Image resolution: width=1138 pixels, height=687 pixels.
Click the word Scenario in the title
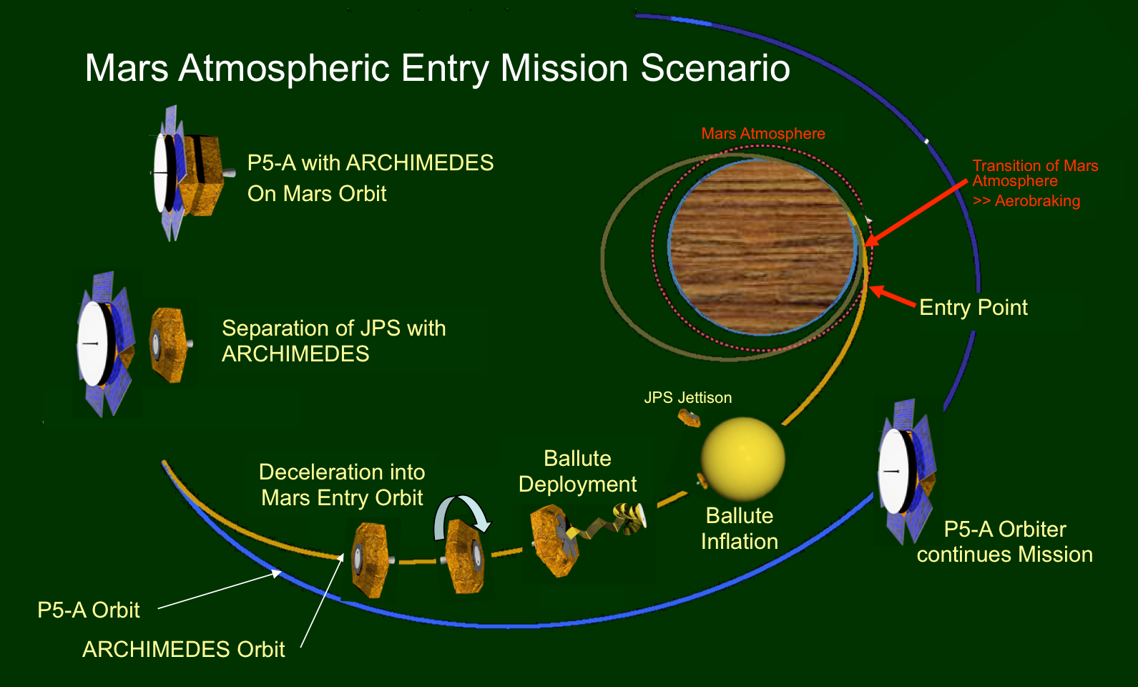(x=715, y=69)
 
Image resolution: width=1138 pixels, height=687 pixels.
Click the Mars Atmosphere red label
(x=762, y=134)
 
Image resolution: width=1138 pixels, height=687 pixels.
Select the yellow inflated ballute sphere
(x=742, y=459)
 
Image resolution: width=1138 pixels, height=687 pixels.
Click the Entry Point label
(x=973, y=308)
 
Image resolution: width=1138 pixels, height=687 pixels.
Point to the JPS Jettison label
(x=687, y=398)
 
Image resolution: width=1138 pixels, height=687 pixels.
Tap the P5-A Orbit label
(x=88, y=610)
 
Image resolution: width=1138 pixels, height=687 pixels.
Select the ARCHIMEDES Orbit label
(x=183, y=650)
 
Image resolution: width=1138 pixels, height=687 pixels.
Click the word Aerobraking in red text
(x=1037, y=201)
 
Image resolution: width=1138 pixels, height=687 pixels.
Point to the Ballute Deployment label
(x=577, y=471)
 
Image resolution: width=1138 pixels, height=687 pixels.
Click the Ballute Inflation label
(x=739, y=528)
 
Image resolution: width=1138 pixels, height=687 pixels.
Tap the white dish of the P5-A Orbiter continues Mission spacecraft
(x=893, y=470)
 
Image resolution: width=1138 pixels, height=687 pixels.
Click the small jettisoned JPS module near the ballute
(x=690, y=418)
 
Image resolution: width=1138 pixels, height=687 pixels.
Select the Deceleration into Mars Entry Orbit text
(x=342, y=484)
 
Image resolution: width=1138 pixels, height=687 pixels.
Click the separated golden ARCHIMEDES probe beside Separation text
(x=169, y=344)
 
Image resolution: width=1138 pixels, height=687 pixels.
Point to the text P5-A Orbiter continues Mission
(x=1004, y=542)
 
